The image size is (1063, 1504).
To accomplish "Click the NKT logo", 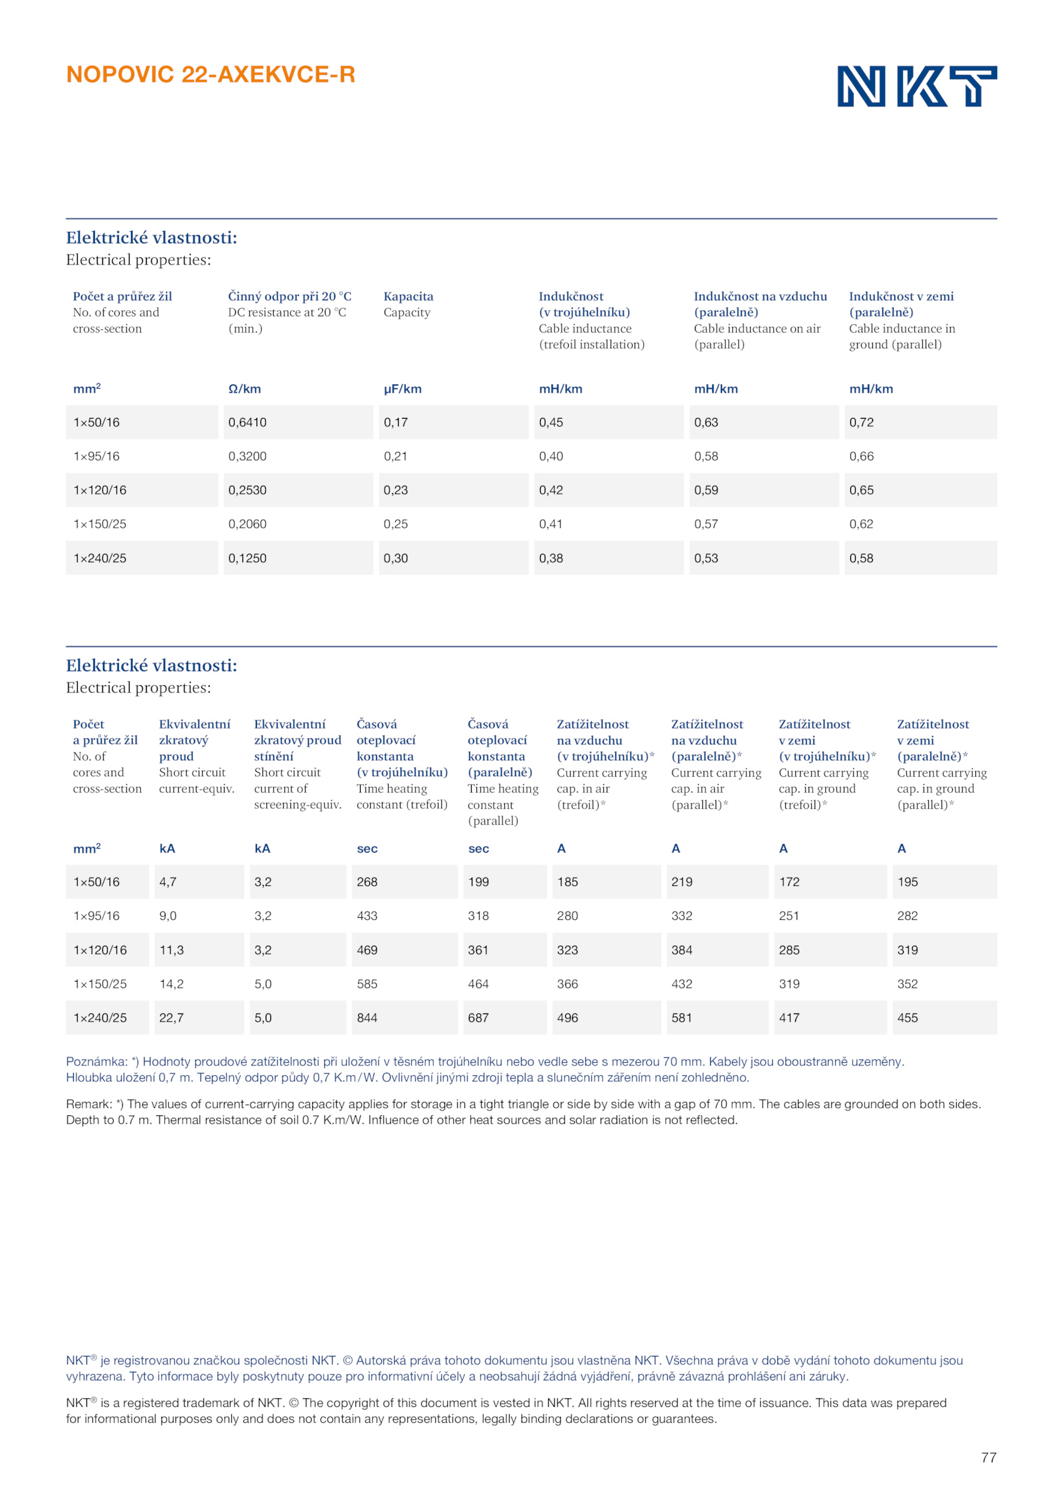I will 916,86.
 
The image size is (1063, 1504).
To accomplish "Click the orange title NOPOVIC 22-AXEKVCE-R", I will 211,74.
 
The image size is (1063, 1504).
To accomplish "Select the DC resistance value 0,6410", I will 247,423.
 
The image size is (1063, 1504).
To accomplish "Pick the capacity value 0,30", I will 395,558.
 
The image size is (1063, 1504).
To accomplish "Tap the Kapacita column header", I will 408,296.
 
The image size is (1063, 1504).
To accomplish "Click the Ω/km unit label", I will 244,389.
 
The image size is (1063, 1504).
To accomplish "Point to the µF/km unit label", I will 402,389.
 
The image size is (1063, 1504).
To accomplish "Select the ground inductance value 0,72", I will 861,423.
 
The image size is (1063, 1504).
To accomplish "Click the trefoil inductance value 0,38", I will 551,558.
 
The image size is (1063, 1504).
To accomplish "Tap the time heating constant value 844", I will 367,1018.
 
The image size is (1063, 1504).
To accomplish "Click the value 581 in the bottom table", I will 682,1018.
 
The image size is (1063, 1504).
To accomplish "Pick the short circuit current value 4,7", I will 167,882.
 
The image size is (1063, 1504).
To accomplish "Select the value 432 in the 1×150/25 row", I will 682,984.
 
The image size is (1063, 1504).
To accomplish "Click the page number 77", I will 988,1457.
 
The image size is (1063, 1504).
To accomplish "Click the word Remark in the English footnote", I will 88,1104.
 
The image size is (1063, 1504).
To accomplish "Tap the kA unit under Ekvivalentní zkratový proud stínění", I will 262,849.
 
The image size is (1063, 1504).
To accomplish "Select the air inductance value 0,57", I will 706,524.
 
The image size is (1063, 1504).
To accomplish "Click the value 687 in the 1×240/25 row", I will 478,1018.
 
